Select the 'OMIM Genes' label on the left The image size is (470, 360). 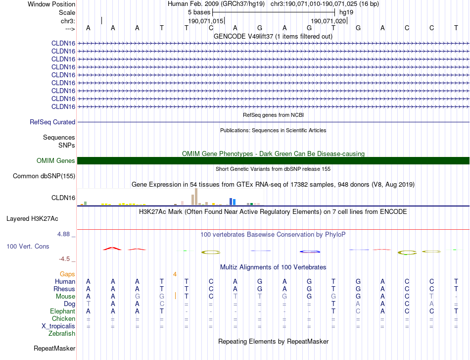click(x=56, y=160)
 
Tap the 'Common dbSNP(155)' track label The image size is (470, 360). click(x=44, y=176)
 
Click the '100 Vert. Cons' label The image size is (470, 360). click(x=28, y=246)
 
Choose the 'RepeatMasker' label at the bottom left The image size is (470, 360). click(x=54, y=349)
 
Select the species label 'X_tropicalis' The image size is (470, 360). click(x=58, y=326)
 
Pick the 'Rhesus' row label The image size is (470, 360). click(x=64, y=289)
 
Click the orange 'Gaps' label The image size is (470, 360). click(x=67, y=274)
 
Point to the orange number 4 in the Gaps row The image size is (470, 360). click(x=175, y=274)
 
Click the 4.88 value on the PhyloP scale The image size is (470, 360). click(x=65, y=234)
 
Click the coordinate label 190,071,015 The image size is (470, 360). click(x=206, y=21)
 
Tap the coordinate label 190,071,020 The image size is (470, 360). click(x=328, y=21)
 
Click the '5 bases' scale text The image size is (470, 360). click(x=199, y=12)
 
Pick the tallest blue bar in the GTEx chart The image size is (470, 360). click(x=231, y=201)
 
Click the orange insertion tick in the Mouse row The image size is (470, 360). click(x=176, y=296)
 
